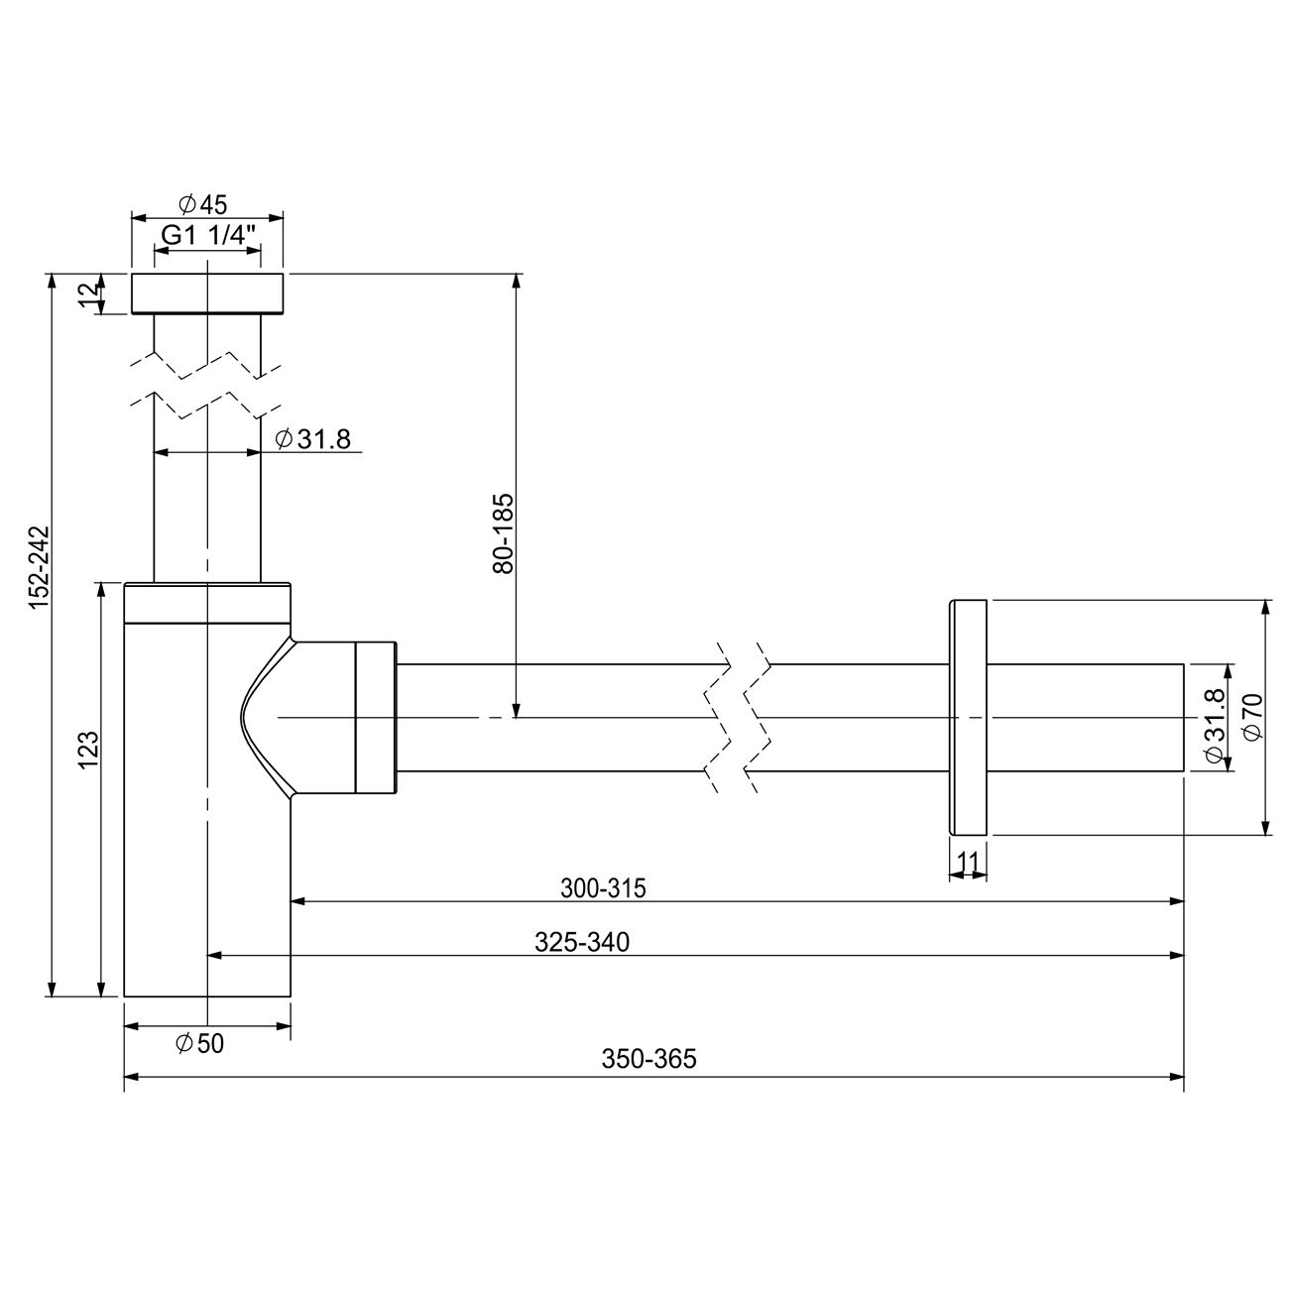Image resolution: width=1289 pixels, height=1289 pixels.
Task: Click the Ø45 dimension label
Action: point(203,204)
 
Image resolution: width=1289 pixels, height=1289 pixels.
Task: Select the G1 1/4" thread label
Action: point(208,235)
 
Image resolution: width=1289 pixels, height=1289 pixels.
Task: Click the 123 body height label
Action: point(87,750)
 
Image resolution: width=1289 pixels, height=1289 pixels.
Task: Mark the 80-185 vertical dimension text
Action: point(503,532)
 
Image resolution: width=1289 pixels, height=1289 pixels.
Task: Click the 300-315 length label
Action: point(603,888)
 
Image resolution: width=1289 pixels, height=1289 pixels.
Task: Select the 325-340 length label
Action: point(582,942)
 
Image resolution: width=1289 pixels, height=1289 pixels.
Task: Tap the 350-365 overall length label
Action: point(649,1059)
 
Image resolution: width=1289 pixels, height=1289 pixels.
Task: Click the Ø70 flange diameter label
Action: point(1252,716)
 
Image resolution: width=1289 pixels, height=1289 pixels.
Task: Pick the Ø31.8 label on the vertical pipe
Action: point(313,439)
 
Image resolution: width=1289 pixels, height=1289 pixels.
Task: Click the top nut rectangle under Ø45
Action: point(207,293)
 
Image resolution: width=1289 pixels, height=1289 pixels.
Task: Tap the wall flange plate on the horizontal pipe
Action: point(969,717)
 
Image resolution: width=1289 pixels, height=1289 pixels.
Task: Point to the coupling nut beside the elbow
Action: point(376,717)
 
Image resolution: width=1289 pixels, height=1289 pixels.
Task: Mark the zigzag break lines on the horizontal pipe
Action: point(740,717)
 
